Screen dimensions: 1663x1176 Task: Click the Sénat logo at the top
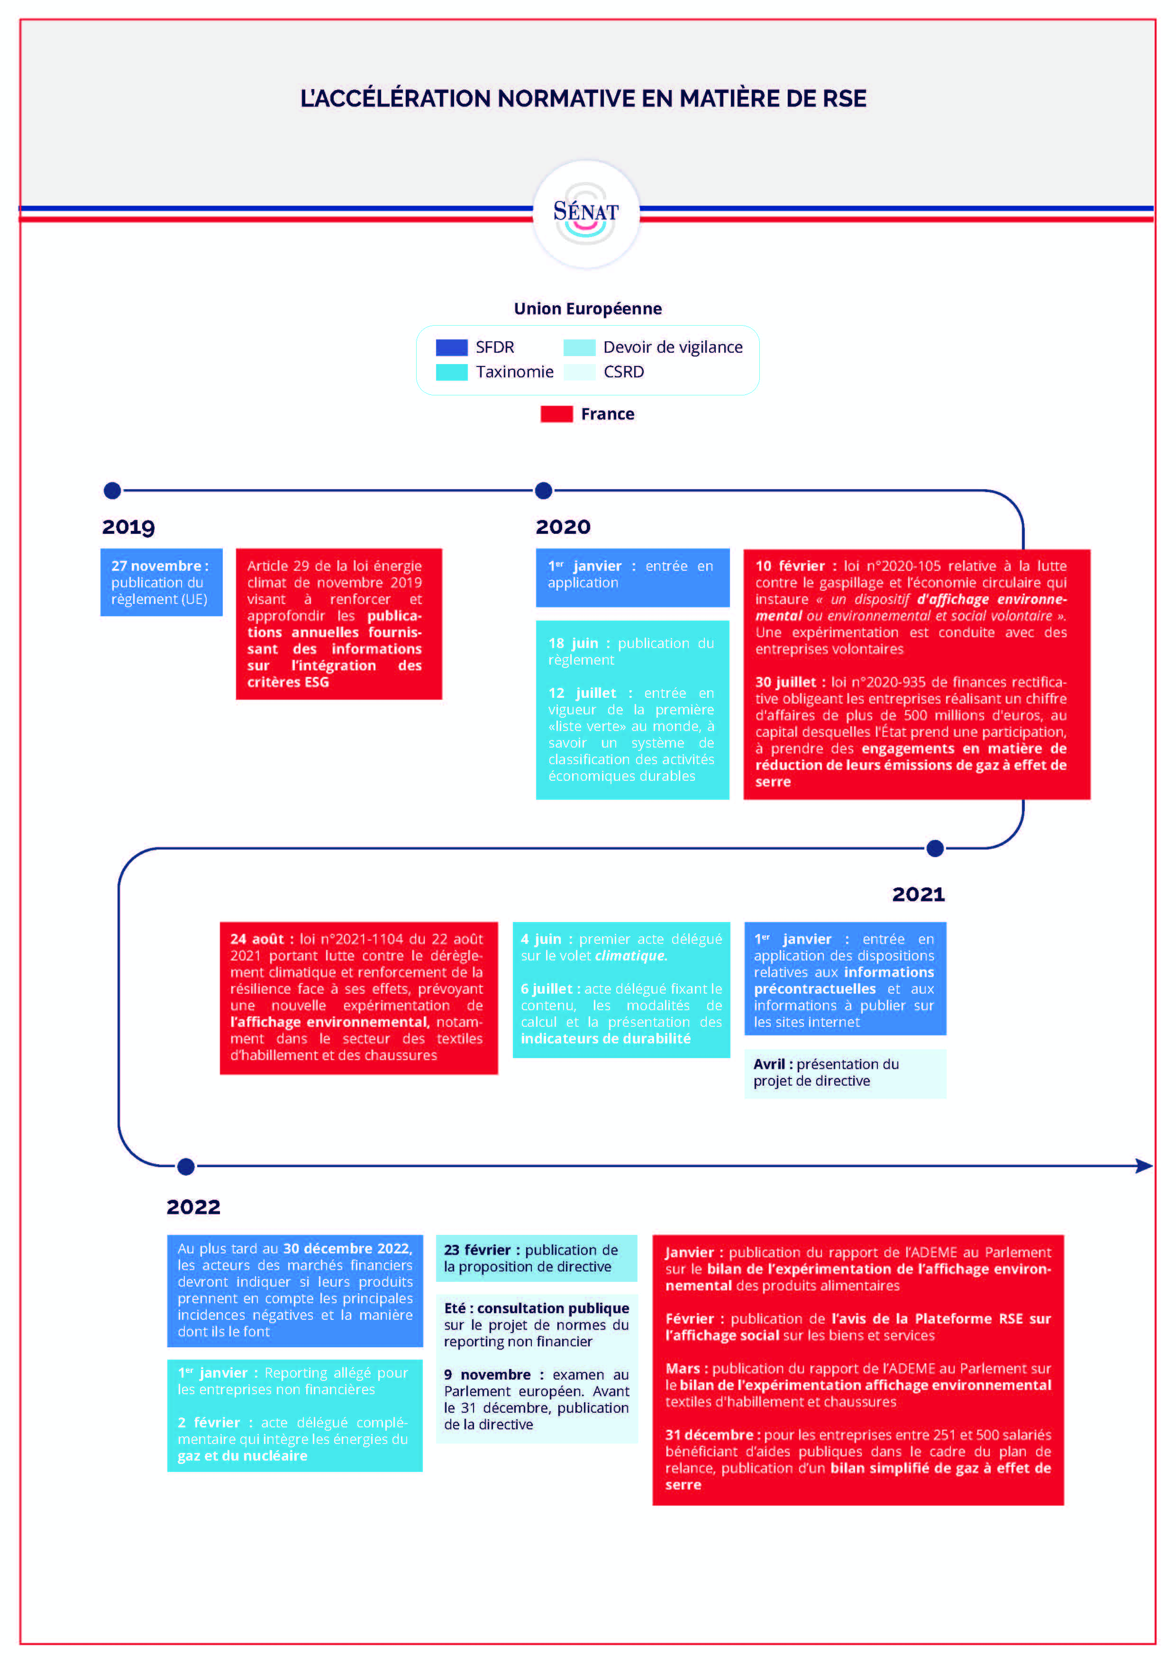[586, 214]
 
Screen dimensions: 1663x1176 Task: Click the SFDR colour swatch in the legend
[451, 347]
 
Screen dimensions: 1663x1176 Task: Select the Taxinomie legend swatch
[451, 372]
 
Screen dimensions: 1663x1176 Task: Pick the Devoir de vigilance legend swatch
[579, 347]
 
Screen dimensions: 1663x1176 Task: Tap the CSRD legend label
[623, 372]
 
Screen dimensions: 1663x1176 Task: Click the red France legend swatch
[556, 414]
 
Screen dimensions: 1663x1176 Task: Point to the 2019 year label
[128, 527]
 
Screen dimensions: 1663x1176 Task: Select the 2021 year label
[918, 895]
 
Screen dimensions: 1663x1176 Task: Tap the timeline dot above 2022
[186, 1167]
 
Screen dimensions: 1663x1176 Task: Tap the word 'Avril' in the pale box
[769, 1064]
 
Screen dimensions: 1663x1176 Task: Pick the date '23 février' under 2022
[477, 1250]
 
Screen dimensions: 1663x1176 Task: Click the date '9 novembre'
[487, 1375]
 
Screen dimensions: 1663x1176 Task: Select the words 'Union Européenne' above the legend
[587, 309]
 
